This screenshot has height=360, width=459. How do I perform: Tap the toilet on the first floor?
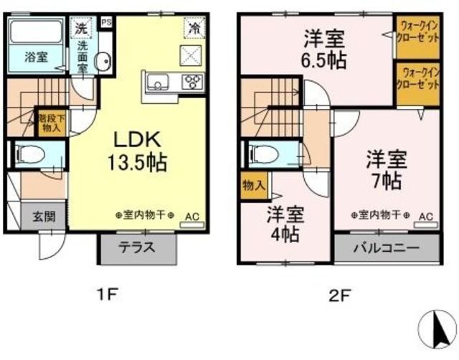[x=32, y=154]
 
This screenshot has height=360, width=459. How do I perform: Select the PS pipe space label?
[x=107, y=22]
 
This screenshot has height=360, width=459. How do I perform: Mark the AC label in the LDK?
[x=193, y=215]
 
